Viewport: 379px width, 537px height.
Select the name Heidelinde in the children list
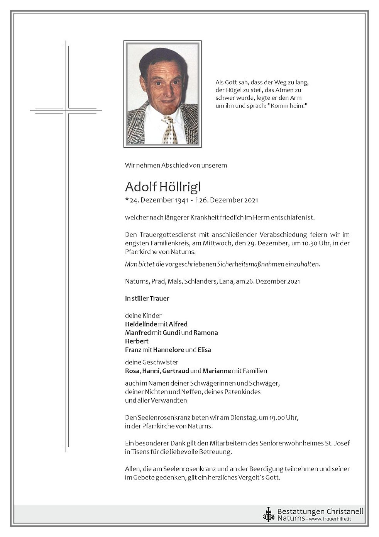point(141,324)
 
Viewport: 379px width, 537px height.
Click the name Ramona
point(206,333)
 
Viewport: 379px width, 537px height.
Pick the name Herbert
point(137,341)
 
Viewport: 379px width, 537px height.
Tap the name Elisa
point(204,350)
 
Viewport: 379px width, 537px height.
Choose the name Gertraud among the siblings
point(176,371)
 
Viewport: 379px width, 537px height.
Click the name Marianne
point(217,371)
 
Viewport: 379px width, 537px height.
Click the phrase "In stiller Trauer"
point(147,298)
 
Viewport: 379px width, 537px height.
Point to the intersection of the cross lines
point(66,111)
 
